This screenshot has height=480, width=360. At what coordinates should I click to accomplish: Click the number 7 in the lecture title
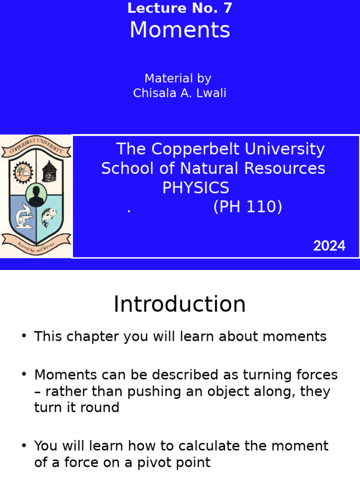click(227, 8)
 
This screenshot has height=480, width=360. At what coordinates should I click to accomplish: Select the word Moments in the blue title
click(180, 30)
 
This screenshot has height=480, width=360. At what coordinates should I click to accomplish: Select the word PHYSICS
click(195, 188)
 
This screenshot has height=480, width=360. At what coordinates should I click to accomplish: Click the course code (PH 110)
click(247, 207)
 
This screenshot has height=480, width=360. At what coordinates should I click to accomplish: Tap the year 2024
click(329, 246)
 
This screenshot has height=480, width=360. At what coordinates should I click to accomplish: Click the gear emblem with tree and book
click(22, 172)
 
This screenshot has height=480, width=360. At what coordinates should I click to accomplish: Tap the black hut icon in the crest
click(49, 172)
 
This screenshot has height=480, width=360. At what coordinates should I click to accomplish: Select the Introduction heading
click(180, 304)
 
